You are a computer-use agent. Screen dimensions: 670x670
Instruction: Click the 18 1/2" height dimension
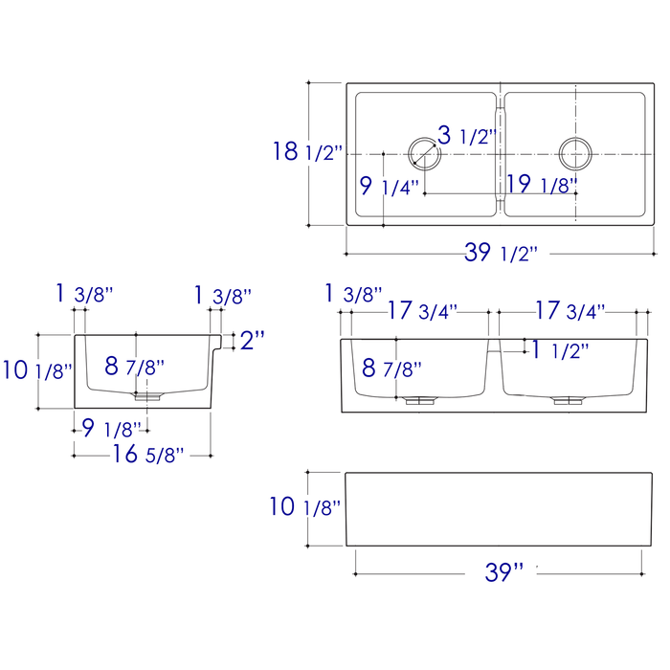pyautogui.click(x=308, y=152)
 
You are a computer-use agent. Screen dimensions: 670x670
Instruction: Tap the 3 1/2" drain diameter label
pyautogui.click(x=466, y=135)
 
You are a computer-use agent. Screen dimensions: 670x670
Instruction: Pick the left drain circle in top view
pyautogui.click(x=422, y=153)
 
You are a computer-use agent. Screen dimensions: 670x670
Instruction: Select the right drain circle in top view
pyautogui.click(x=576, y=153)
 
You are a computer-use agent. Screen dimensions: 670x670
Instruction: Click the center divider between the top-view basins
pyautogui.click(x=499, y=153)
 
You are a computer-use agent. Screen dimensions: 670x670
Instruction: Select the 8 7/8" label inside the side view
pyautogui.click(x=134, y=366)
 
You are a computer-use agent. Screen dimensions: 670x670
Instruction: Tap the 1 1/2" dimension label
pyautogui.click(x=560, y=350)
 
